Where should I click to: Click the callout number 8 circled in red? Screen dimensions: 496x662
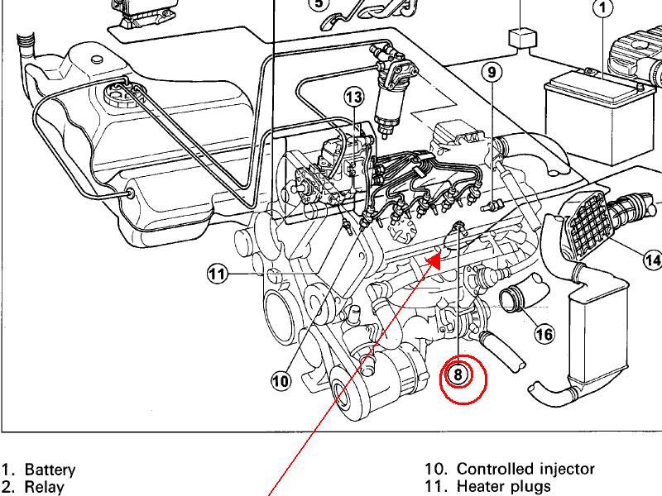(458, 374)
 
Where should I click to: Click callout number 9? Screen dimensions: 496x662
(492, 73)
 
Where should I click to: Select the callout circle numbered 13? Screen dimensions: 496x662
(353, 98)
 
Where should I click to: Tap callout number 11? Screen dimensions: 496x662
(217, 274)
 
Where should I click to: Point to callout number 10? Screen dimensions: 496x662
(281, 380)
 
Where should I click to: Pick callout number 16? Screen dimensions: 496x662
(544, 334)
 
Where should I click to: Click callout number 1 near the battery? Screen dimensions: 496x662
(603, 8)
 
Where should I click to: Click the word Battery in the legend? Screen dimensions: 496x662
(50, 470)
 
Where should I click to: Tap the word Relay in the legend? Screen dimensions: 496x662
(44, 487)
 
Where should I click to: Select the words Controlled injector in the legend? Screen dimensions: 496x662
(525, 469)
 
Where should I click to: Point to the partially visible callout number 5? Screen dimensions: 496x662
(319, 3)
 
